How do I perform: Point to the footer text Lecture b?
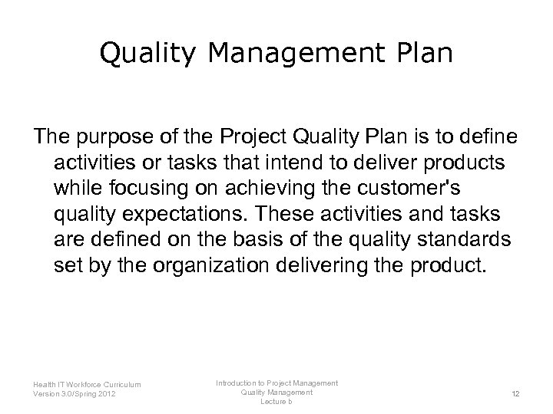click(x=277, y=402)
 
